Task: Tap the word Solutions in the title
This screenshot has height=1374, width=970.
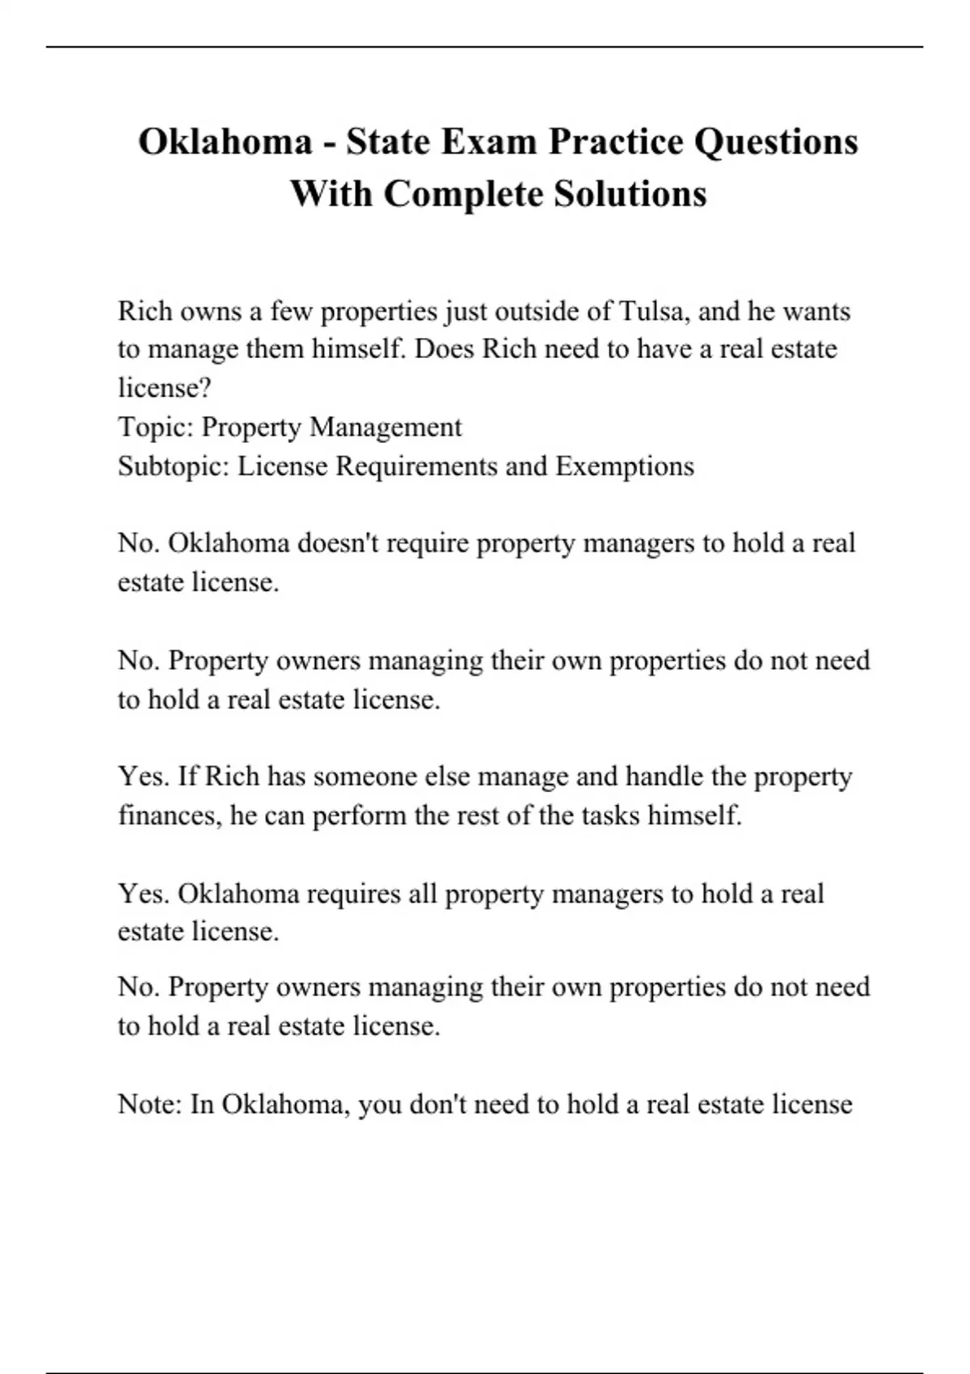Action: [630, 194]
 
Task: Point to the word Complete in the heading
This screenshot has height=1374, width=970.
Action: [463, 194]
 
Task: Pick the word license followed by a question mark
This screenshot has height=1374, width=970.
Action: [164, 388]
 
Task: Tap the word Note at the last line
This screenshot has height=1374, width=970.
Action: [150, 1104]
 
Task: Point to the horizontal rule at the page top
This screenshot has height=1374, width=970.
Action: [485, 47]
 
